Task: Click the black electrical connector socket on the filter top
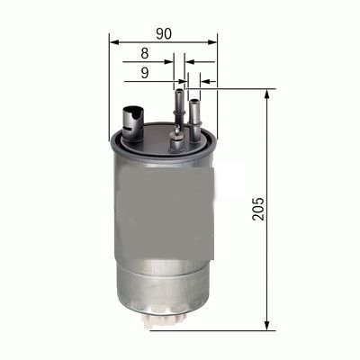(131, 118)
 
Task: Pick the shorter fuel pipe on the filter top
(195, 112)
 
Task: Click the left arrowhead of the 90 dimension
(113, 41)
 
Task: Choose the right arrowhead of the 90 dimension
(213, 41)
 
